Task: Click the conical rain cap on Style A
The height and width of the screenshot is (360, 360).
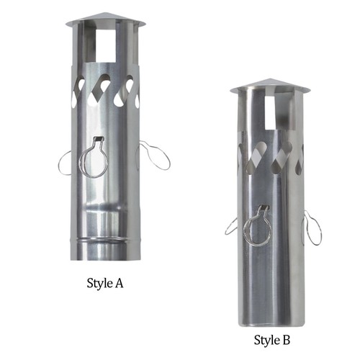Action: (106, 19)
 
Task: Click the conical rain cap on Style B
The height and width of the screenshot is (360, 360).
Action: (270, 86)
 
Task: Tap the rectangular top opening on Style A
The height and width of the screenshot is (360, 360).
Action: (106, 45)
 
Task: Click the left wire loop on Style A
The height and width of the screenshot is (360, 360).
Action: (59, 163)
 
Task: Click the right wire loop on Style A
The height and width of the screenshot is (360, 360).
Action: (168, 158)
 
